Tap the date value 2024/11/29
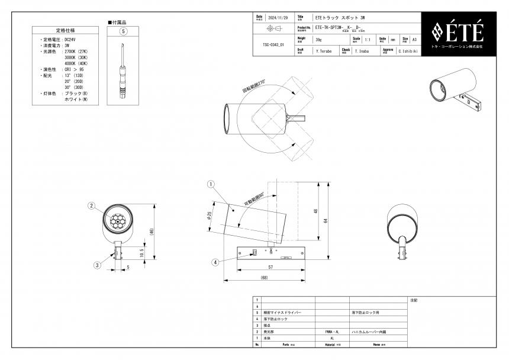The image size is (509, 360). pyautogui.click(x=278, y=18)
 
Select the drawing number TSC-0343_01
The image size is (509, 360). pyautogui.click(x=273, y=44)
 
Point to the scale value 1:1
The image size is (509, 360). pyautogui.click(x=368, y=40)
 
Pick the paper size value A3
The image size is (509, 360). pyautogui.click(x=414, y=40)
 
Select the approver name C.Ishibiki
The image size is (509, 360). pyautogui.click(x=408, y=52)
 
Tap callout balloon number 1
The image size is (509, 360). pyautogui.click(x=211, y=184)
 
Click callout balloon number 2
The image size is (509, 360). pyautogui.click(x=92, y=206)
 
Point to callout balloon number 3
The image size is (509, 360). pyautogui.click(x=97, y=265)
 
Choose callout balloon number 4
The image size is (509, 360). pyautogui.click(x=215, y=262)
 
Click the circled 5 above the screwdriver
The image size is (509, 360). pyautogui.click(x=123, y=31)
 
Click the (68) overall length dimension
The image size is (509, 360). pyautogui.click(x=263, y=278)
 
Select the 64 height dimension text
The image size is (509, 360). pyautogui.click(x=325, y=220)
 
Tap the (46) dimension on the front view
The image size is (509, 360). pyautogui.click(x=152, y=231)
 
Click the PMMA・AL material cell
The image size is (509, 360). pyautogui.click(x=332, y=332)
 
